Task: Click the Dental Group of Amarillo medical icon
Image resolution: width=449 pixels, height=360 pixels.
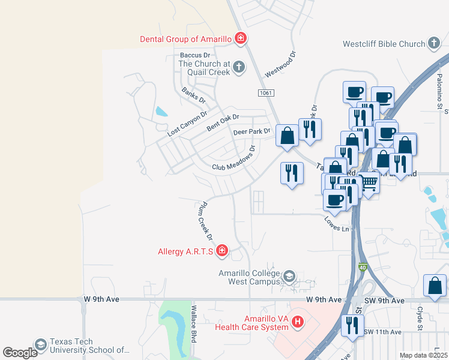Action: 241,39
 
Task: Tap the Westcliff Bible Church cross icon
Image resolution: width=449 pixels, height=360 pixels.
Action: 434,44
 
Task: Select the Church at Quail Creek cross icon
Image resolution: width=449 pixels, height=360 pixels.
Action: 239,67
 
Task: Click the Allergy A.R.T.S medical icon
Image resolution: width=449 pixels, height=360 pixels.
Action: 222,251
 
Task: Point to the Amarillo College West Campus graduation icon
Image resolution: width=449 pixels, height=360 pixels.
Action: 289,277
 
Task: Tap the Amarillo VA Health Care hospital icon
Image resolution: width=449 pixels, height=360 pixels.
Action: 297,323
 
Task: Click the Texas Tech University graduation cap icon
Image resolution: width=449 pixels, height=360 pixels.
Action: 41,345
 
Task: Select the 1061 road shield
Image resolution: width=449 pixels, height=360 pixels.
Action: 267,92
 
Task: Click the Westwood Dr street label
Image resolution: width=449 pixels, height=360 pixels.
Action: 282,64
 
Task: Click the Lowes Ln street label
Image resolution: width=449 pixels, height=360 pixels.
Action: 337,225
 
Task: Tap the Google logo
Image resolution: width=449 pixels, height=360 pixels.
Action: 20,353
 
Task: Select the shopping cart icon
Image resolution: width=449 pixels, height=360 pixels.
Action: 369,182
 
